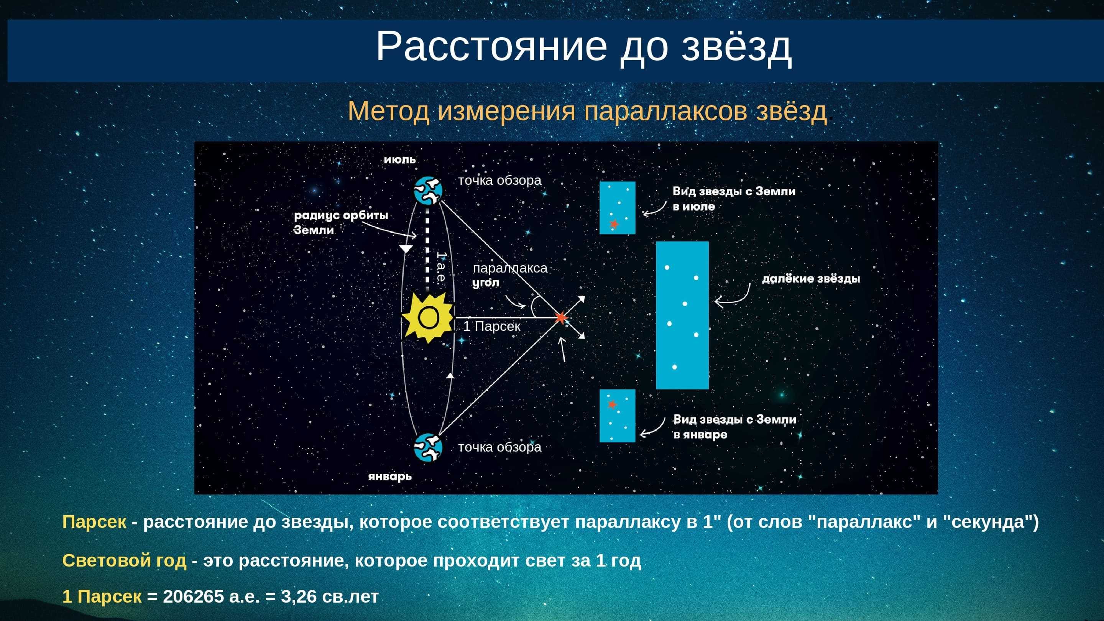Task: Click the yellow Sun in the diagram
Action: coord(428,317)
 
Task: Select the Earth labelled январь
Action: coord(428,447)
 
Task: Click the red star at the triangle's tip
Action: coord(560,317)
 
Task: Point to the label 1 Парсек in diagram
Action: coord(491,327)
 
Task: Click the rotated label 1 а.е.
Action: coord(440,266)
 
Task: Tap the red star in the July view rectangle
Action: coord(614,224)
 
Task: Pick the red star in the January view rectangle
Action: coord(612,404)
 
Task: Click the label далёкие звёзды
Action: coord(811,279)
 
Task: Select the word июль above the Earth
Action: coord(399,159)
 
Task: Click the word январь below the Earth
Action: coord(390,476)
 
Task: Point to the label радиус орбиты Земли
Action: coord(341,222)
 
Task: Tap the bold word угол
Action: coord(486,283)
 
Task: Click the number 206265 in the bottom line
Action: coord(193,596)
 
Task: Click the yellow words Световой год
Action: coord(124,560)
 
